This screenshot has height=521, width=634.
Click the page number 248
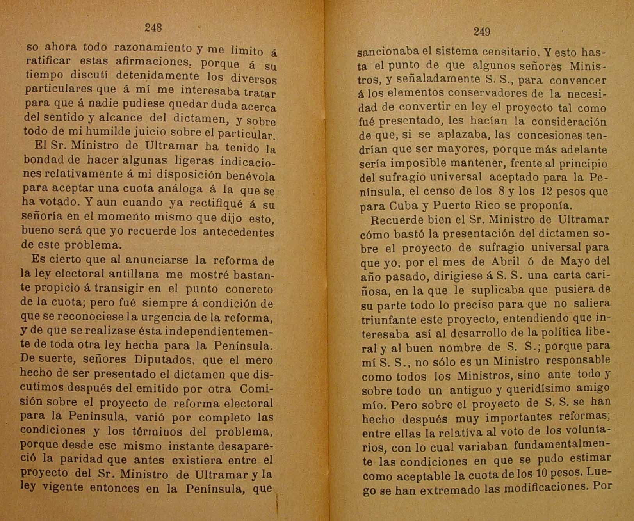click(153, 28)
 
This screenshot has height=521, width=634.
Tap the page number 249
click(481, 32)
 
